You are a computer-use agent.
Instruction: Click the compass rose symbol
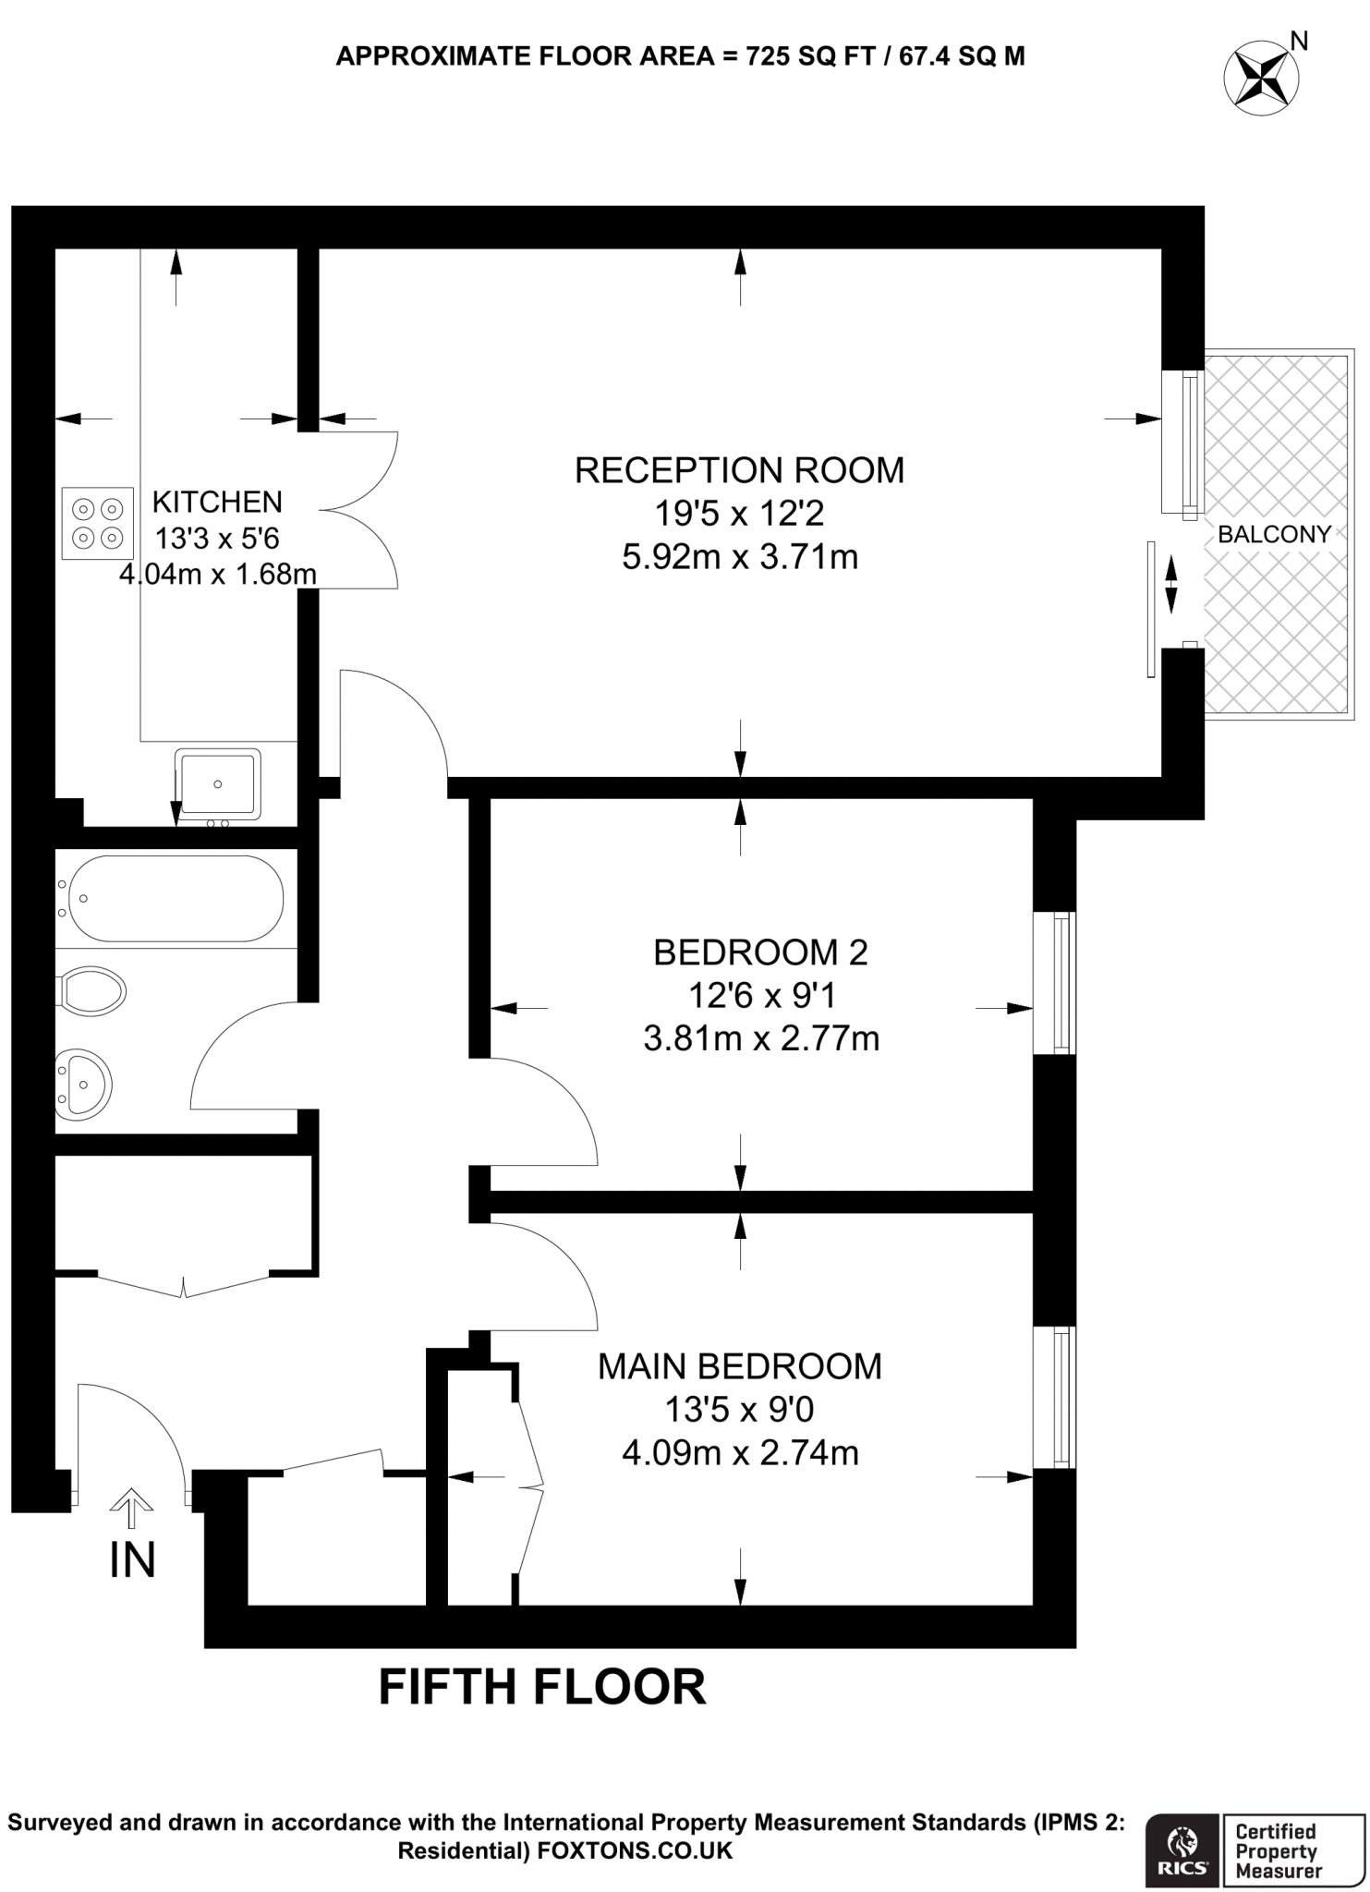1260,78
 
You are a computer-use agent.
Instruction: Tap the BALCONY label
1274,534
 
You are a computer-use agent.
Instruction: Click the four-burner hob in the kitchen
97,523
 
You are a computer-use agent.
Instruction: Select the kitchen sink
218,783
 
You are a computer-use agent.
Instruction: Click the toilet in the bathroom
92,992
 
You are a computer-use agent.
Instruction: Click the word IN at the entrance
132,1560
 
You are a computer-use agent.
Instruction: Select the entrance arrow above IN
132,1507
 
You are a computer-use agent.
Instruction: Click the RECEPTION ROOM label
739,470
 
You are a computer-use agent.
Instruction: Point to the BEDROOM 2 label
760,952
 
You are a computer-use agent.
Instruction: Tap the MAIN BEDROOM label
739,1366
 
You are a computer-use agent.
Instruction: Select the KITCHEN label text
217,502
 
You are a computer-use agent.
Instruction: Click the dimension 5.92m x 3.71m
739,557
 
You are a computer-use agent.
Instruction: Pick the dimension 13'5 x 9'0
739,1410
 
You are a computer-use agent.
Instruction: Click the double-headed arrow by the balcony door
1171,584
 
